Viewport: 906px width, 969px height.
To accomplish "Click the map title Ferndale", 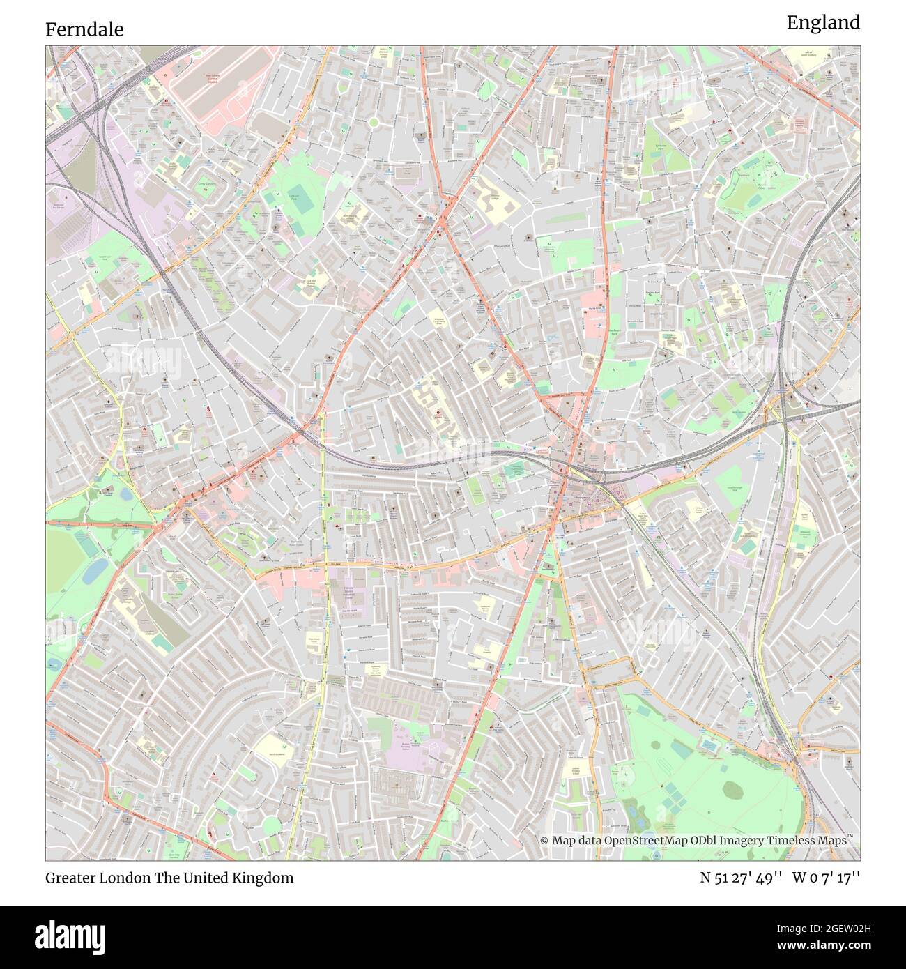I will point(84,29).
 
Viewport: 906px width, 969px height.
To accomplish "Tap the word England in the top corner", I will point(823,23).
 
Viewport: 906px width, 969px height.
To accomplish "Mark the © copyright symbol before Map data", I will point(544,841).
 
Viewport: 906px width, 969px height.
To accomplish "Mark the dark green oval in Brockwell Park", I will point(733,789).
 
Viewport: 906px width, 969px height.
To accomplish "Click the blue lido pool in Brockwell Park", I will point(709,745).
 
